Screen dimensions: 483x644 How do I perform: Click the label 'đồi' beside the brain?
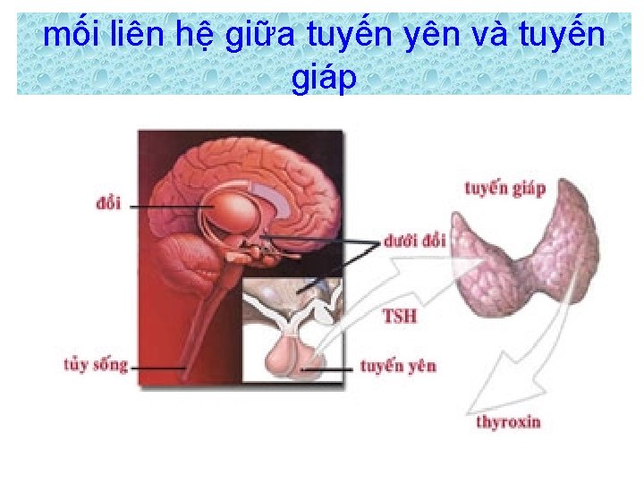(x=107, y=204)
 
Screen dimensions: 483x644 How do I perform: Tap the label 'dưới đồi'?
(x=414, y=241)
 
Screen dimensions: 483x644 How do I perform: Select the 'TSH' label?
(x=400, y=316)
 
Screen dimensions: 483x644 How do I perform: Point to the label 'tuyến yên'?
(x=398, y=367)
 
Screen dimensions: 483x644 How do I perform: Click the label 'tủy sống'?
(x=96, y=365)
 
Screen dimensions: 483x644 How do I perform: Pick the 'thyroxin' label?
(x=509, y=420)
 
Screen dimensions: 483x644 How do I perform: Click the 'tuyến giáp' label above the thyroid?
(x=504, y=189)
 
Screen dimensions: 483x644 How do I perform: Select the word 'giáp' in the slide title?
(x=324, y=78)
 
